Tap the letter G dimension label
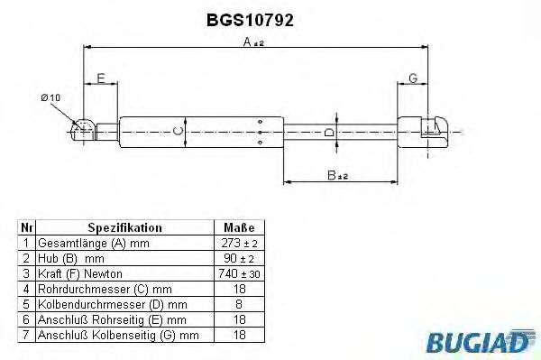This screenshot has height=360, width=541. (412, 78)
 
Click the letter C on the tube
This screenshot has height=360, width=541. (178, 134)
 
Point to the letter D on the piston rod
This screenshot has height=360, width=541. (329, 134)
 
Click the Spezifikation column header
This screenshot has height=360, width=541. (124, 228)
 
